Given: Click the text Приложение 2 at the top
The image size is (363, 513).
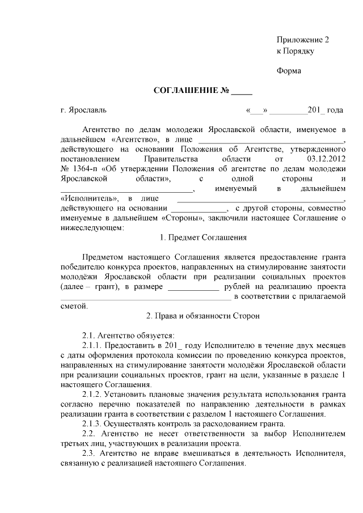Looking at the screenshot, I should (302, 40).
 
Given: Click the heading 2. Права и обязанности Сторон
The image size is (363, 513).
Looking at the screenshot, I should (203, 316).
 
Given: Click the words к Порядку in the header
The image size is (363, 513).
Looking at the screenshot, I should (295, 50).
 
